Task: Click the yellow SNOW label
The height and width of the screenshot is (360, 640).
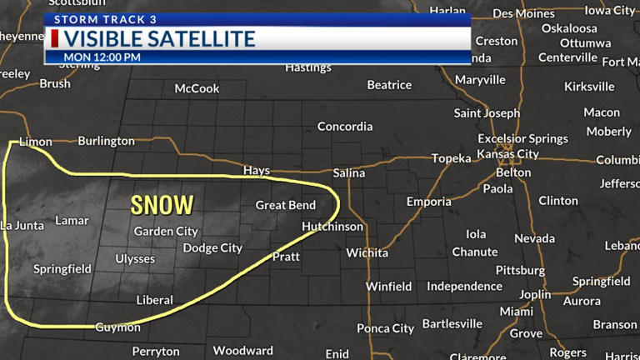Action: tap(162, 204)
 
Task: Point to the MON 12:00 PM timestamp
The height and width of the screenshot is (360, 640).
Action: tap(102, 57)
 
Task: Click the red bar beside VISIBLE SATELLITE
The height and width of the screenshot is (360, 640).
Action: tap(55, 38)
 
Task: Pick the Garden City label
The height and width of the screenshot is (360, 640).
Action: tap(166, 231)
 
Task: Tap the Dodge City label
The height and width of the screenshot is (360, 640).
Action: tap(212, 247)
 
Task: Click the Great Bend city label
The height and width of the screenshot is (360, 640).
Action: tap(285, 205)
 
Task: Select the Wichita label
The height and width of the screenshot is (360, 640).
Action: tap(367, 252)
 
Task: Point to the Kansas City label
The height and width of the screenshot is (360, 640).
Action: tap(507, 154)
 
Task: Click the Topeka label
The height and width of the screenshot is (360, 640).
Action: tap(452, 158)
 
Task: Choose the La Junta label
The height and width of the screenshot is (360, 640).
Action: tap(22, 225)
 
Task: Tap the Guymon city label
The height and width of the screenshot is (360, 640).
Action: tap(117, 327)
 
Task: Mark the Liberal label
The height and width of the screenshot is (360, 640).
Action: tap(154, 300)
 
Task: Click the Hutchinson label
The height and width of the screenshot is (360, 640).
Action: tap(332, 226)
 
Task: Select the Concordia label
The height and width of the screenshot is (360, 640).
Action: tap(345, 127)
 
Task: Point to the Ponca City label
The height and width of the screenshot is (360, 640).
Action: tap(385, 328)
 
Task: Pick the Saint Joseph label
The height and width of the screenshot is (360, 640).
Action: tap(487, 112)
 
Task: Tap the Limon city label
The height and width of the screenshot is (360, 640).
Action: tap(35, 142)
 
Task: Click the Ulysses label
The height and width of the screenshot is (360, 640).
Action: tap(135, 258)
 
